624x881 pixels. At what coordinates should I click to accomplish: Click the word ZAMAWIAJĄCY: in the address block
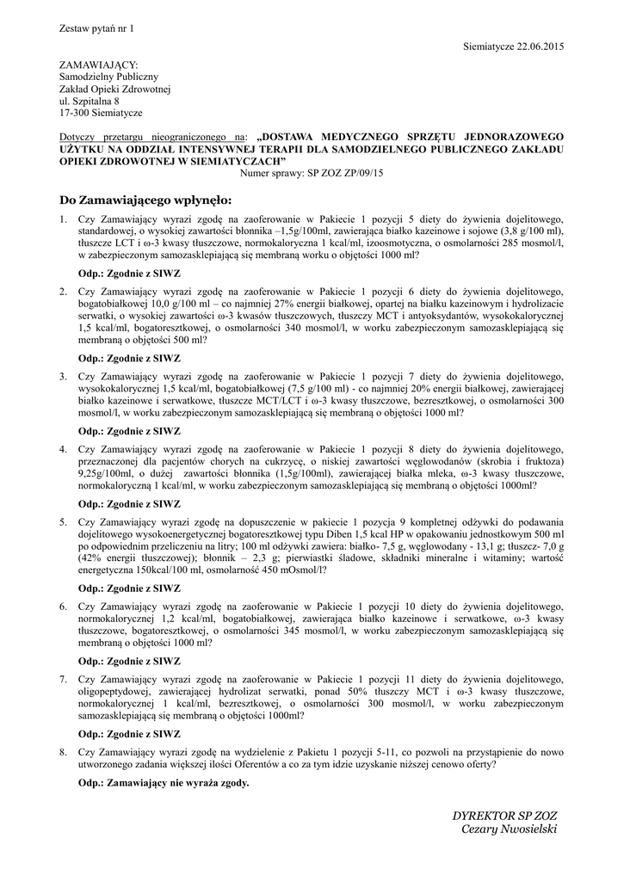(x=97, y=65)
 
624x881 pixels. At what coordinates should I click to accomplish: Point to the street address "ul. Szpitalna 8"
(x=89, y=101)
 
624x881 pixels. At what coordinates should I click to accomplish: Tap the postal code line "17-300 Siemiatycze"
(x=100, y=113)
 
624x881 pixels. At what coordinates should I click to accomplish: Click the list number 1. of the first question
(x=63, y=220)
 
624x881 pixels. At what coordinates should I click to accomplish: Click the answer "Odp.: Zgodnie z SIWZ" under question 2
(x=129, y=357)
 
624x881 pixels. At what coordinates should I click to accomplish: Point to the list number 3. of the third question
(x=63, y=376)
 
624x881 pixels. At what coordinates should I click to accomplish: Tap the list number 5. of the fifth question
(x=63, y=521)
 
